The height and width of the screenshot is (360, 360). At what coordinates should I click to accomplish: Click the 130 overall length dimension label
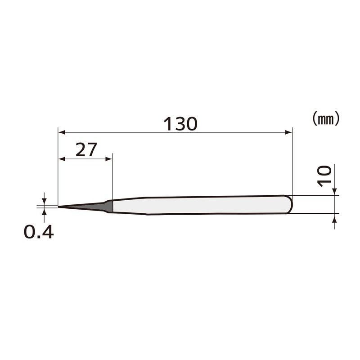(x=180, y=124)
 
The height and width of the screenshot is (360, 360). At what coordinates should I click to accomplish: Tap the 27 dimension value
(x=86, y=149)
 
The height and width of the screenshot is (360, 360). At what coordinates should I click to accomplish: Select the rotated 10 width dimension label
(x=324, y=176)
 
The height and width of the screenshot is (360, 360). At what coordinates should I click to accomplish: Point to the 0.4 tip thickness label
(x=39, y=232)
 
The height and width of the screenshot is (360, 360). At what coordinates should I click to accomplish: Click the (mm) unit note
(x=325, y=118)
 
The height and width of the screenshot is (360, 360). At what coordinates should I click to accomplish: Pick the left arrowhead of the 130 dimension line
(x=62, y=132)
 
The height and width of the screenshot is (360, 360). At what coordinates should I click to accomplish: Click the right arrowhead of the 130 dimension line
(x=289, y=132)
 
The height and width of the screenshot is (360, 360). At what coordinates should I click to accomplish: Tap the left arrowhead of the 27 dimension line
(x=62, y=159)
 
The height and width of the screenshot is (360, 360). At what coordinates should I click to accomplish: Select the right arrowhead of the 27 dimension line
(x=109, y=159)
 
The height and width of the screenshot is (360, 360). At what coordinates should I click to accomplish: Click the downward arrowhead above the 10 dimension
(x=335, y=192)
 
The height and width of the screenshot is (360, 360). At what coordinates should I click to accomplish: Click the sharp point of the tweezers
(x=59, y=207)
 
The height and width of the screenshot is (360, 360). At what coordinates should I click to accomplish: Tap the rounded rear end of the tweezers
(x=290, y=204)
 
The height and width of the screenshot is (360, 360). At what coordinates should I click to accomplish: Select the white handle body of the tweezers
(x=202, y=205)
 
